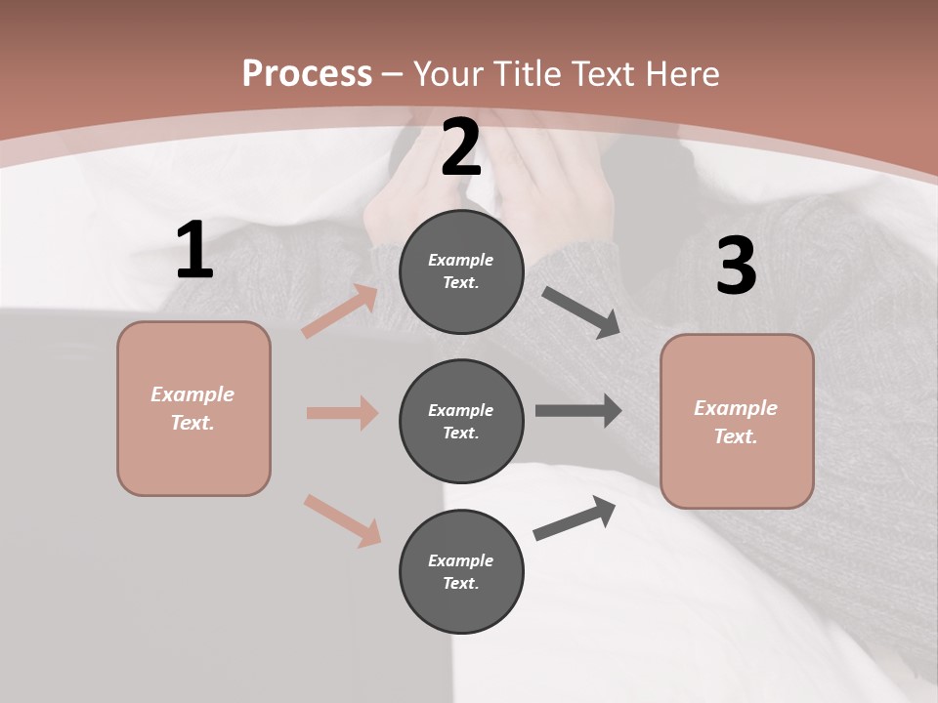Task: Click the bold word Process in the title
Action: (x=307, y=74)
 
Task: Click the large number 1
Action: (x=194, y=251)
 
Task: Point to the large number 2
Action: (x=461, y=148)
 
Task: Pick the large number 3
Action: (x=736, y=267)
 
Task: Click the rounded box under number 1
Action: (x=193, y=408)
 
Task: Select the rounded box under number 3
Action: (x=737, y=421)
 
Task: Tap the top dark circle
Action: (x=461, y=271)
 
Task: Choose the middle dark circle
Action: (x=461, y=421)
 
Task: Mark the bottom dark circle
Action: (x=461, y=571)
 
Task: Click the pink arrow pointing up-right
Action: (x=340, y=311)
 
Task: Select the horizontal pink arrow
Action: (x=342, y=413)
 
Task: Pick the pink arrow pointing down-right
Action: (x=342, y=519)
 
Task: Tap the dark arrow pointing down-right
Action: (x=580, y=312)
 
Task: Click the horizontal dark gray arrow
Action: (x=577, y=411)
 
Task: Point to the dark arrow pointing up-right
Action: (x=575, y=517)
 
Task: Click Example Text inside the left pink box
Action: (x=192, y=408)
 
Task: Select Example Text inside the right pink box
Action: (x=736, y=422)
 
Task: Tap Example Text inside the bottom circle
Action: (x=461, y=571)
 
